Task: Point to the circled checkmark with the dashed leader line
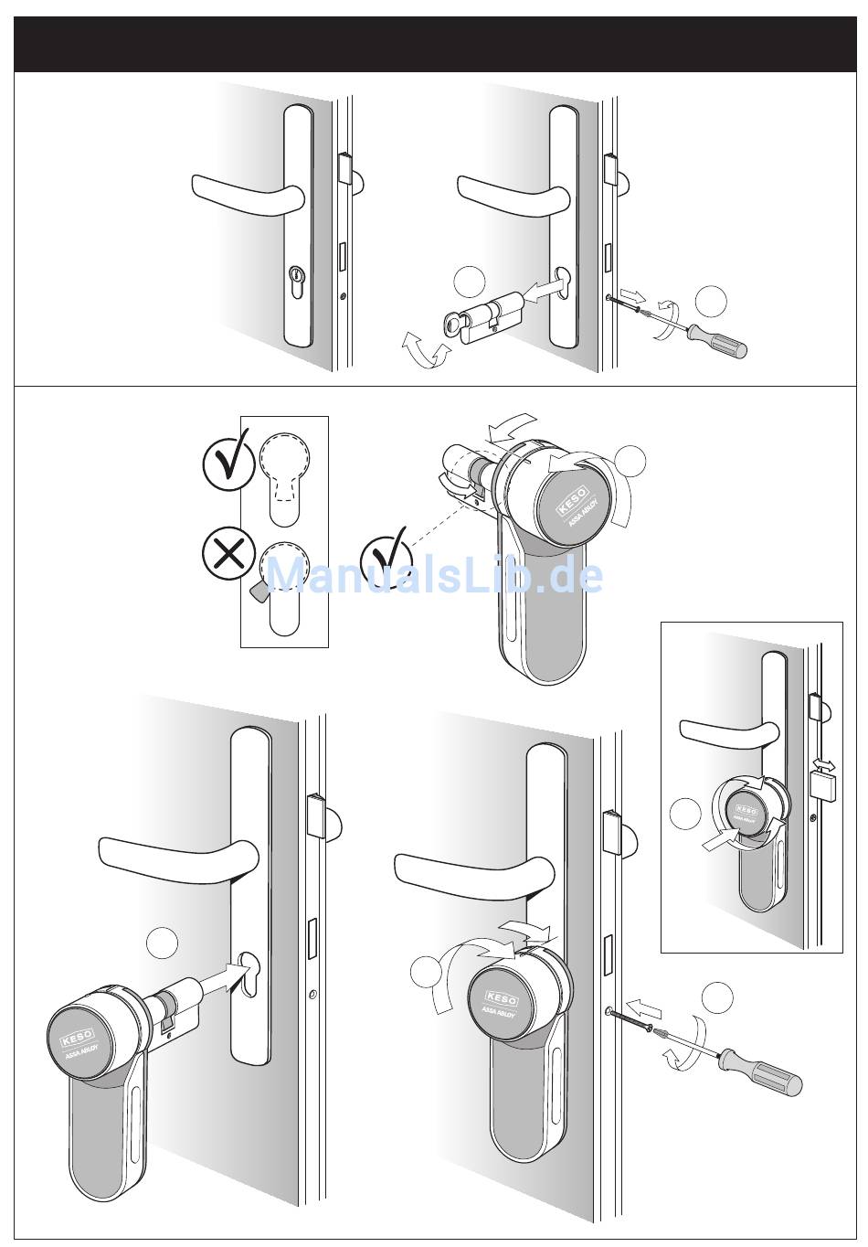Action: (386, 556)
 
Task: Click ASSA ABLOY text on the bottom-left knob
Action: (85, 1052)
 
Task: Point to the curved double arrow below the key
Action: (425, 348)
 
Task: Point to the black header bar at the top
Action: (435, 45)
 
